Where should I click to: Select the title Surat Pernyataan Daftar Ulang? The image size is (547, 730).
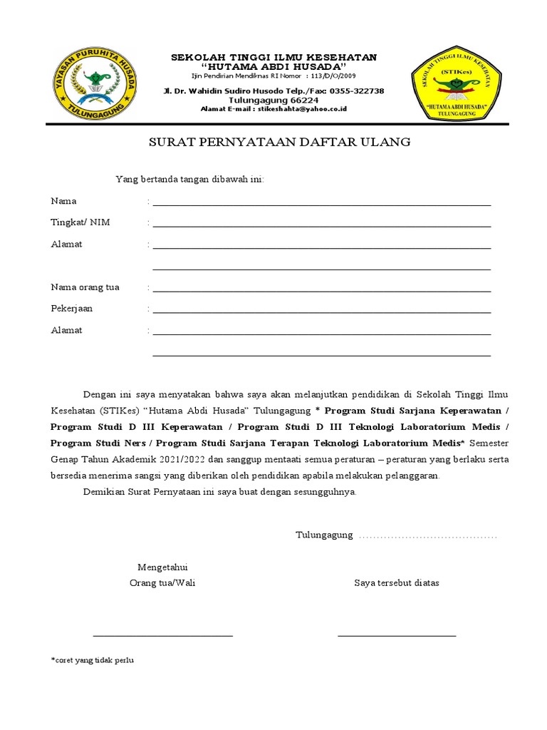click(279, 142)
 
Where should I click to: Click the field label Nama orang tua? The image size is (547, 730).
click(85, 287)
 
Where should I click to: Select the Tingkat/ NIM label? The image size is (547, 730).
click(80, 222)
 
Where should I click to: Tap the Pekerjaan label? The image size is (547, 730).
click(72, 309)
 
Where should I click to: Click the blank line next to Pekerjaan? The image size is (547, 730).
click(321, 312)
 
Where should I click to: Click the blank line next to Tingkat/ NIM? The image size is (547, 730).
click(321, 225)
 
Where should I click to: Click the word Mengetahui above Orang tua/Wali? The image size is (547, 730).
click(162, 567)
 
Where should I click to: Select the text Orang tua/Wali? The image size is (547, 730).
click(162, 582)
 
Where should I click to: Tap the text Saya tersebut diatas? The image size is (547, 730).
click(397, 582)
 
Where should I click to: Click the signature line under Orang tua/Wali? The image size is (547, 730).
click(162, 634)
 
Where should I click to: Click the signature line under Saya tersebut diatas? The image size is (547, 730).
click(397, 634)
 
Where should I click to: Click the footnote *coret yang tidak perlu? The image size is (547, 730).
click(92, 660)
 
